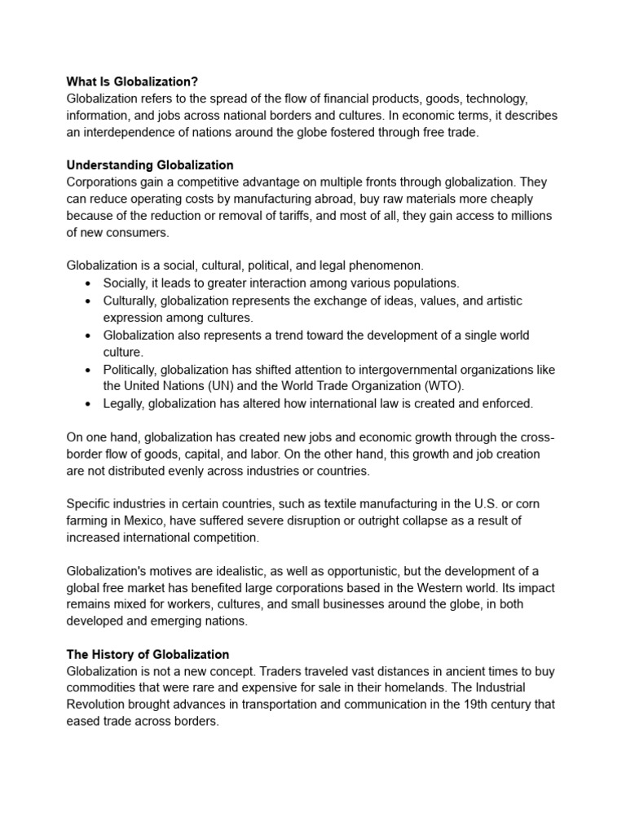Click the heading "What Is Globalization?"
(x=132, y=81)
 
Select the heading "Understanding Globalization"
(x=149, y=165)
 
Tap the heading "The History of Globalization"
(x=148, y=654)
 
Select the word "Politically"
(x=134, y=369)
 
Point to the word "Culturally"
(x=130, y=301)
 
